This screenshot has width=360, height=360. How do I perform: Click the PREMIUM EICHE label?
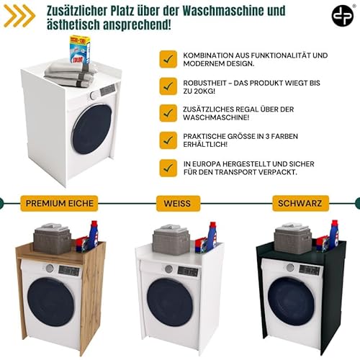[59, 203]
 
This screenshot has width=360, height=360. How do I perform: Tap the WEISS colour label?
[178, 203]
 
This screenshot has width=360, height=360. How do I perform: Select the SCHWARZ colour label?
[300, 203]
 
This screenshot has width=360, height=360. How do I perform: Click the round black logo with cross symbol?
[343, 16]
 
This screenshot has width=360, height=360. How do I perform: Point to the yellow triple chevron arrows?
[19, 16]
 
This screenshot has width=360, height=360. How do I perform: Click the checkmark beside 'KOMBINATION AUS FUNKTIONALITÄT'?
[168, 59]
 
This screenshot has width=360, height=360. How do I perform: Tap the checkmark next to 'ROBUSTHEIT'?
[168, 86]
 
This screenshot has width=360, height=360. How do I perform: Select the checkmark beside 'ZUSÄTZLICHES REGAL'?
[168, 113]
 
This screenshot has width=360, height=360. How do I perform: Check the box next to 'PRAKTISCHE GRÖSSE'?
[168, 140]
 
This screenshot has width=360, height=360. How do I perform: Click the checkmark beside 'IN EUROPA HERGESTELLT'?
[168, 168]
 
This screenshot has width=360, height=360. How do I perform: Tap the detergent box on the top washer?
[80, 50]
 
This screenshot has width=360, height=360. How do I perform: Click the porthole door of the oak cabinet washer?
[50, 302]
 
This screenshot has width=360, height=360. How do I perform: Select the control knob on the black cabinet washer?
[290, 267]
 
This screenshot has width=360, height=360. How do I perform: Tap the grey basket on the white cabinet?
[171, 240]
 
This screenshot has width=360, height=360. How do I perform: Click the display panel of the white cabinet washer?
[188, 271]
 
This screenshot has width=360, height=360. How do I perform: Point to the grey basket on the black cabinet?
[293, 238]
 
